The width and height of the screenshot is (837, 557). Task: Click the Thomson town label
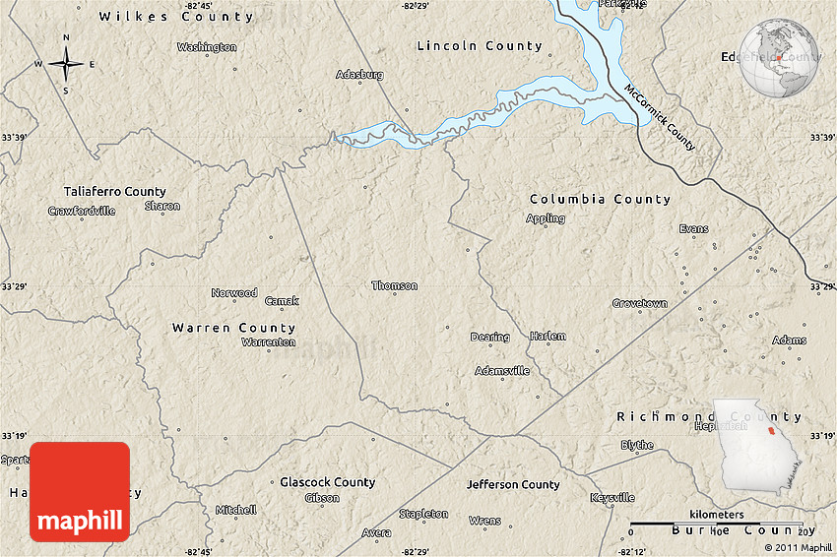[x=394, y=285]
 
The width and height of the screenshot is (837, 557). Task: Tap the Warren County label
[x=233, y=328]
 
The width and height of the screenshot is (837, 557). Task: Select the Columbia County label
[x=599, y=200]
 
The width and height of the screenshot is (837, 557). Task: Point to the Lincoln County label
[x=479, y=46]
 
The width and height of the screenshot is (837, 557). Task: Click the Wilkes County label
[x=175, y=17]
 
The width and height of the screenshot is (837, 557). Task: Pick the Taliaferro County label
[x=114, y=192]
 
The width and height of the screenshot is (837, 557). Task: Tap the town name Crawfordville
[x=82, y=211]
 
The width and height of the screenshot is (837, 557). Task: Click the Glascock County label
[x=327, y=482]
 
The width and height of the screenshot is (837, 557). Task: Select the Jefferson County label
[x=513, y=485]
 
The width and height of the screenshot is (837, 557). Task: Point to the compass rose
[x=66, y=65]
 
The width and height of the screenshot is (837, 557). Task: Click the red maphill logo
[x=80, y=491]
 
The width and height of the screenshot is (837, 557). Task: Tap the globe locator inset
[x=779, y=59]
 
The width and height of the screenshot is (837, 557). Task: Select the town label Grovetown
[x=639, y=303]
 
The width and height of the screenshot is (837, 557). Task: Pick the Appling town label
[x=546, y=218]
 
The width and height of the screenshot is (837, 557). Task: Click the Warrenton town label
[x=268, y=342]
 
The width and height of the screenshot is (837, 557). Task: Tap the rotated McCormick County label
[x=659, y=117]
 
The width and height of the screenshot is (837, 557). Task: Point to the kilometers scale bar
[x=715, y=523]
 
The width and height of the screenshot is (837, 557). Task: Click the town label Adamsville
[x=502, y=371]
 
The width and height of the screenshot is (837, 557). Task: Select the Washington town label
[x=207, y=46]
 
